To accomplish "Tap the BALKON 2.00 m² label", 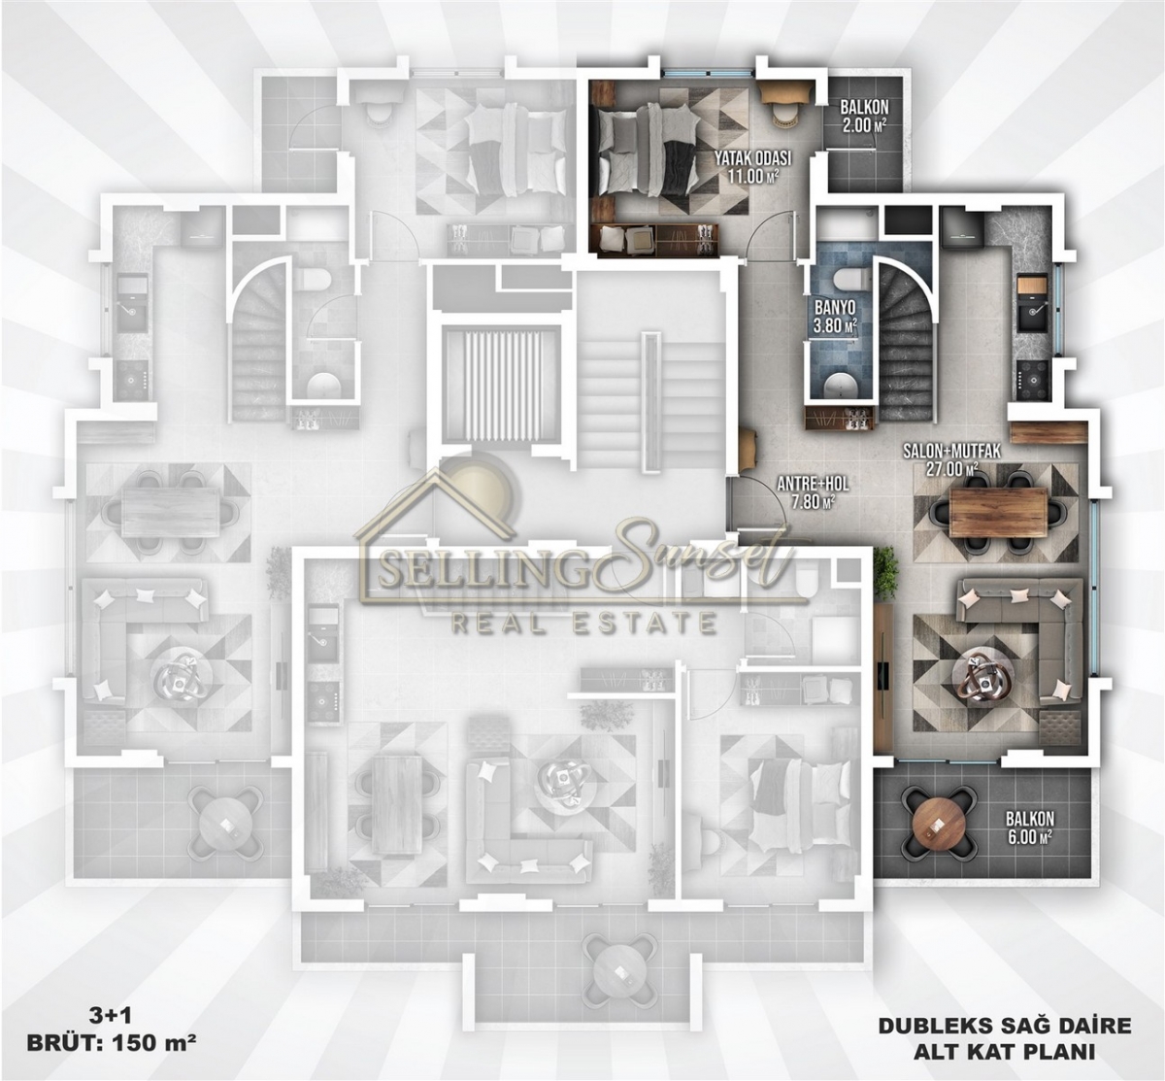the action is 864,117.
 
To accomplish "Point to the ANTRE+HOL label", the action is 813,484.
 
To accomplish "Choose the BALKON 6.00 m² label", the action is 1029,827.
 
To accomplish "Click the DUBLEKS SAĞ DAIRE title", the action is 1004,1027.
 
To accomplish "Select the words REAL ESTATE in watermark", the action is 584,623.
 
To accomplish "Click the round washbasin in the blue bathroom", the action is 841,385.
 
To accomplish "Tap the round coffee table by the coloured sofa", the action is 982,674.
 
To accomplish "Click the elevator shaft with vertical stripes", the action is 502,376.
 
